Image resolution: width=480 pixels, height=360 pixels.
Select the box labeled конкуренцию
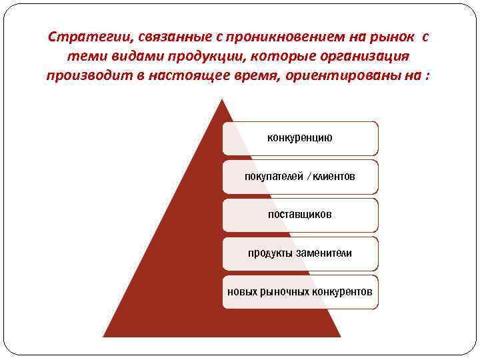point(300,138)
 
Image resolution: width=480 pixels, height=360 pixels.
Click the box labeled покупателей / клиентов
point(300,177)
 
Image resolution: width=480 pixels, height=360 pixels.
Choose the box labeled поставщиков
point(300,215)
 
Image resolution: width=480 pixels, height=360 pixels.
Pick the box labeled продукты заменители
point(300,253)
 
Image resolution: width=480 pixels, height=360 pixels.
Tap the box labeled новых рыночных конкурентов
point(300,292)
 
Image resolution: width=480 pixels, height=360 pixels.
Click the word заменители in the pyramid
point(325,253)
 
